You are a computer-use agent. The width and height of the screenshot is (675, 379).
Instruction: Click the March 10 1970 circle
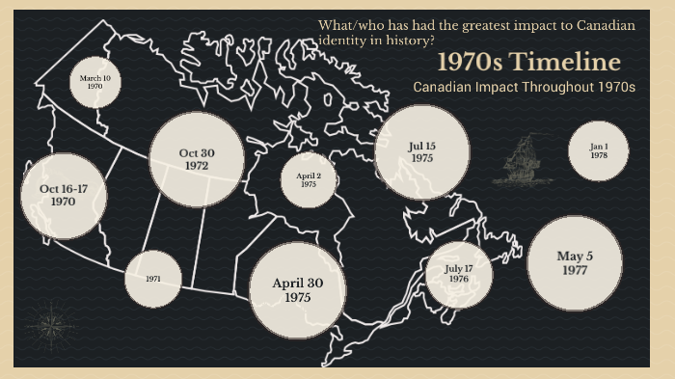tap(94, 81)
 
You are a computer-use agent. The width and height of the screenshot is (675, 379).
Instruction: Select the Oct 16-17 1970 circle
tap(63, 196)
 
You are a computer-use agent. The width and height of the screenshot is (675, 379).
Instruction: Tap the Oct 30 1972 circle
tap(196, 160)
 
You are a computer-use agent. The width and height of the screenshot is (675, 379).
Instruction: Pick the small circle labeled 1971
tap(153, 279)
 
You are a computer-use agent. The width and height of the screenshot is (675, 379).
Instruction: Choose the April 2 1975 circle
tap(309, 180)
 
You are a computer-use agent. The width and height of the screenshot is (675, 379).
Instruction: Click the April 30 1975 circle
tap(297, 290)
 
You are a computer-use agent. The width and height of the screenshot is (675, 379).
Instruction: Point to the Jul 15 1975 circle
tap(421, 152)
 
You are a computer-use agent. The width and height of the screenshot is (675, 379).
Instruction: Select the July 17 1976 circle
tap(458, 274)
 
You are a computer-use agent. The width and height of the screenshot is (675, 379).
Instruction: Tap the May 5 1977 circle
tap(575, 263)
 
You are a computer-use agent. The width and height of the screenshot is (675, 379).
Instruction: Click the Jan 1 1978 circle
tap(599, 150)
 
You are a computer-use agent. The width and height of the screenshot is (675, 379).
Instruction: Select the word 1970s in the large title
tap(472, 63)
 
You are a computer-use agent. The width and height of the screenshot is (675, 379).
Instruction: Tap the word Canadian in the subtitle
tap(443, 87)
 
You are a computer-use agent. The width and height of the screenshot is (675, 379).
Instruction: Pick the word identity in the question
tap(341, 41)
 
